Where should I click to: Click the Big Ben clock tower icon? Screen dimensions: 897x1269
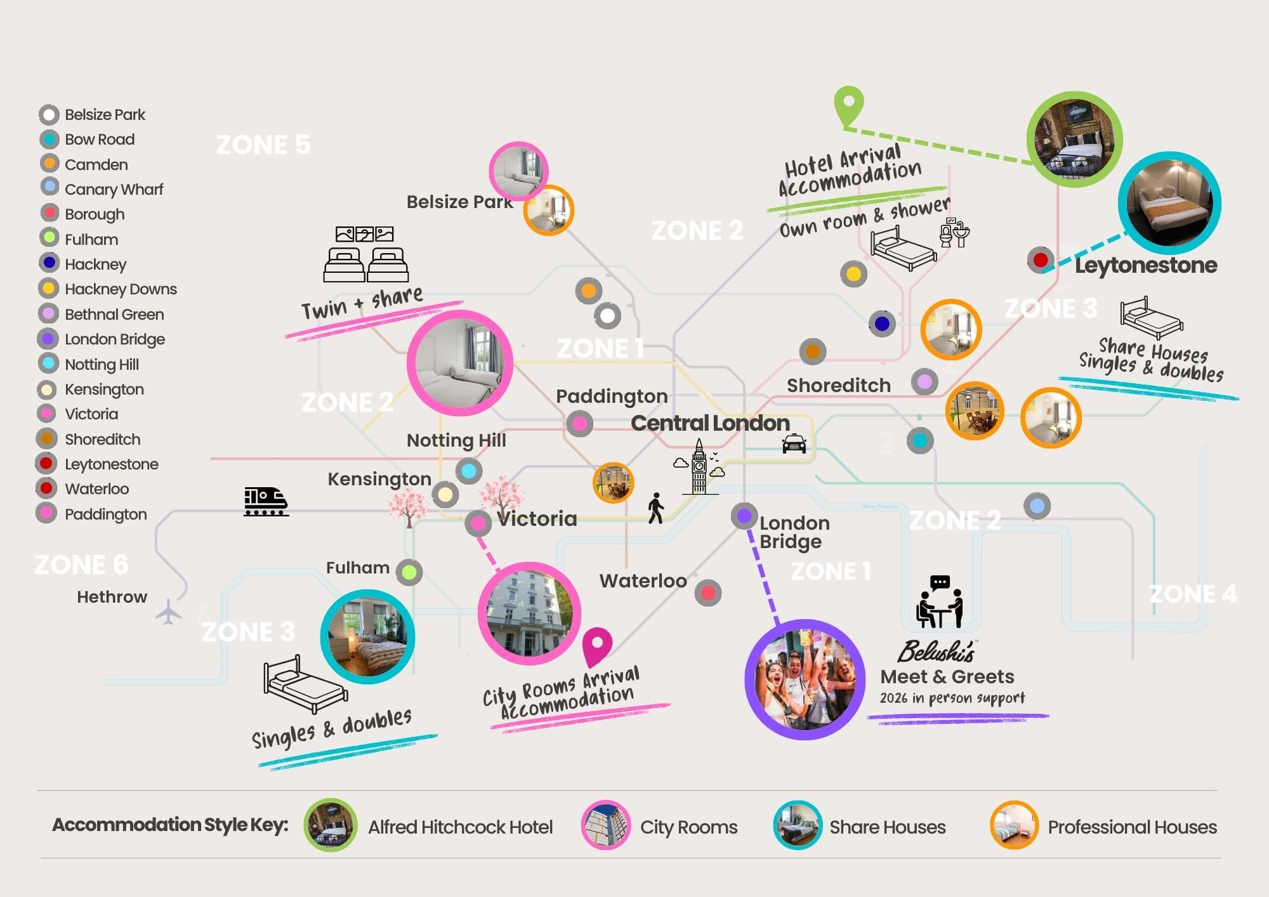click(699, 468)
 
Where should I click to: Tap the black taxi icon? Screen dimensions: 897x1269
click(794, 443)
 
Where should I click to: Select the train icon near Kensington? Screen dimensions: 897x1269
click(266, 501)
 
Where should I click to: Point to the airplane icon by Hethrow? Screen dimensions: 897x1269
click(169, 612)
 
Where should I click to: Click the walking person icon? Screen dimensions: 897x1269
click(655, 508)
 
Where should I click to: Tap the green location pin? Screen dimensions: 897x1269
click(848, 105)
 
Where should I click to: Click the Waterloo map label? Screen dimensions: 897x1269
click(643, 580)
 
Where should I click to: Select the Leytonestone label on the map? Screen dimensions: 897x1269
click(1145, 265)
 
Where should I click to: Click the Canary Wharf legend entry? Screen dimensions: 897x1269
click(114, 189)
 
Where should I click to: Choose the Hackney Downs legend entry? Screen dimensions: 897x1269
click(121, 289)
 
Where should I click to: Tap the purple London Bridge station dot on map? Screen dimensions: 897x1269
click(744, 515)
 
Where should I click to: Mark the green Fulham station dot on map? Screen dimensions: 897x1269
click(409, 572)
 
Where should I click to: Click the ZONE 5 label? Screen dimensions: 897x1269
click(263, 145)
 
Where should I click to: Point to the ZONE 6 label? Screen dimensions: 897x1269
click(81, 564)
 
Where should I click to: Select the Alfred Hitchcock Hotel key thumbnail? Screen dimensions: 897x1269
click(330, 825)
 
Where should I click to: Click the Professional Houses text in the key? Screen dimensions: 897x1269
click(1132, 827)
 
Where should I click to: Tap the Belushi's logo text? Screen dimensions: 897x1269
click(936, 651)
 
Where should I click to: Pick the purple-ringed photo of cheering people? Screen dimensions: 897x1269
click(805, 679)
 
